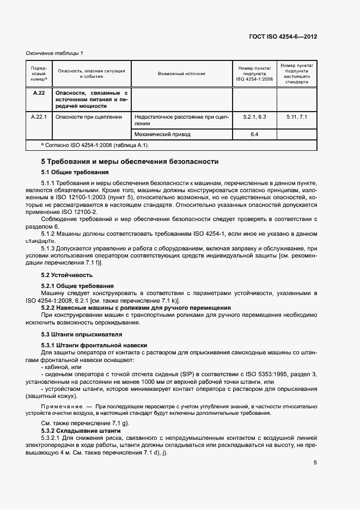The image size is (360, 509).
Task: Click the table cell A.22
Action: [38, 93]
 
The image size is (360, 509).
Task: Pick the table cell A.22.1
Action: [39, 116]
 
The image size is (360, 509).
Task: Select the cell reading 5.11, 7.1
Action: [297, 116]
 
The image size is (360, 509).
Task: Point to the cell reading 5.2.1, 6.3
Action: [254, 116]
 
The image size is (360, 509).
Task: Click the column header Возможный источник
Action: [182, 73]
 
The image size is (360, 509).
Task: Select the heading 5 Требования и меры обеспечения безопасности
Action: [130, 162]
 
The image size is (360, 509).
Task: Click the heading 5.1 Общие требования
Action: [75, 172]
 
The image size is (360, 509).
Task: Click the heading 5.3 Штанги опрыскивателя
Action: [82, 334]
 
